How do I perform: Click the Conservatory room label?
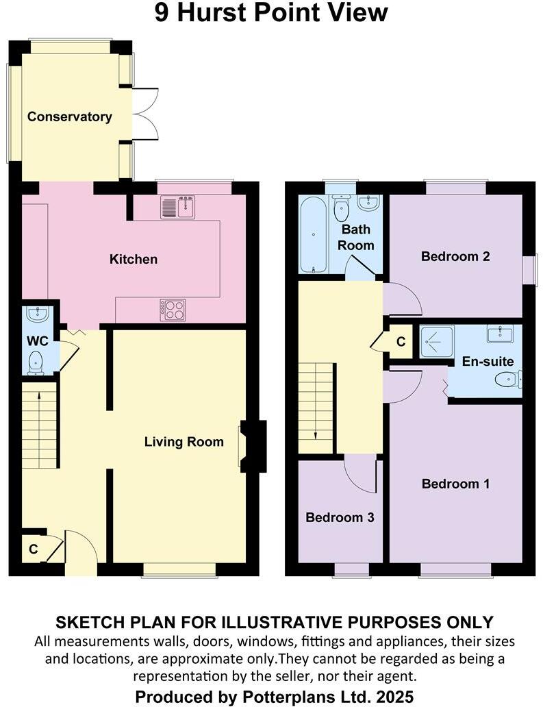click(69, 116)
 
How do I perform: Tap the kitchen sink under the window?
click(177, 207)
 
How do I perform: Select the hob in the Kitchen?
click(173, 310)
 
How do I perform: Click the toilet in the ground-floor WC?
click(36, 362)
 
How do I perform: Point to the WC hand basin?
click(36, 314)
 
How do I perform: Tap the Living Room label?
click(184, 442)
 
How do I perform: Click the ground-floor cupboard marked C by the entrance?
click(32, 549)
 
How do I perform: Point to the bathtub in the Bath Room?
click(312, 233)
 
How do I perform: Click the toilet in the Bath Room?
click(341, 207)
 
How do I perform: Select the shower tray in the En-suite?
click(433, 341)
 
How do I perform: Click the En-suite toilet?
click(509, 379)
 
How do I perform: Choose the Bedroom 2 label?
click(455, 257)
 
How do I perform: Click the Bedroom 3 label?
click(340, 517)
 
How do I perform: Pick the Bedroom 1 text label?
click(455, 484)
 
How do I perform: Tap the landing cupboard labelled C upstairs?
click(401, 341)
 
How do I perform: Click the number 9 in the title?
click(162, 13)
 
